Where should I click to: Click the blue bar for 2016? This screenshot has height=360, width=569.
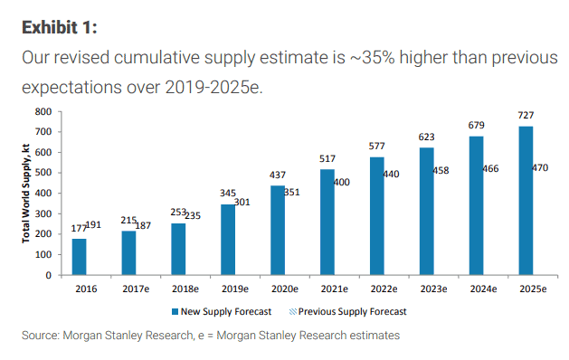pyautogui.click(x=80, y=257)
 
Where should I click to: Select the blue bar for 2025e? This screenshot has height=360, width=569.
pyautogui.click(x=524, y=200)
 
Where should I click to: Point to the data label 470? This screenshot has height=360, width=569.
pyautogui.click(x=540, y=167)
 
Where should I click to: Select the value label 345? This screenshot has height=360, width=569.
pyautogui.click(x=228, y=194)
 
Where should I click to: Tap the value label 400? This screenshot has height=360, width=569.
pyautogui.click(x=343, y=183)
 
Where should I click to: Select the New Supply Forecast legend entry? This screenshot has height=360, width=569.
pyautogui.click(x=223, y=311)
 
